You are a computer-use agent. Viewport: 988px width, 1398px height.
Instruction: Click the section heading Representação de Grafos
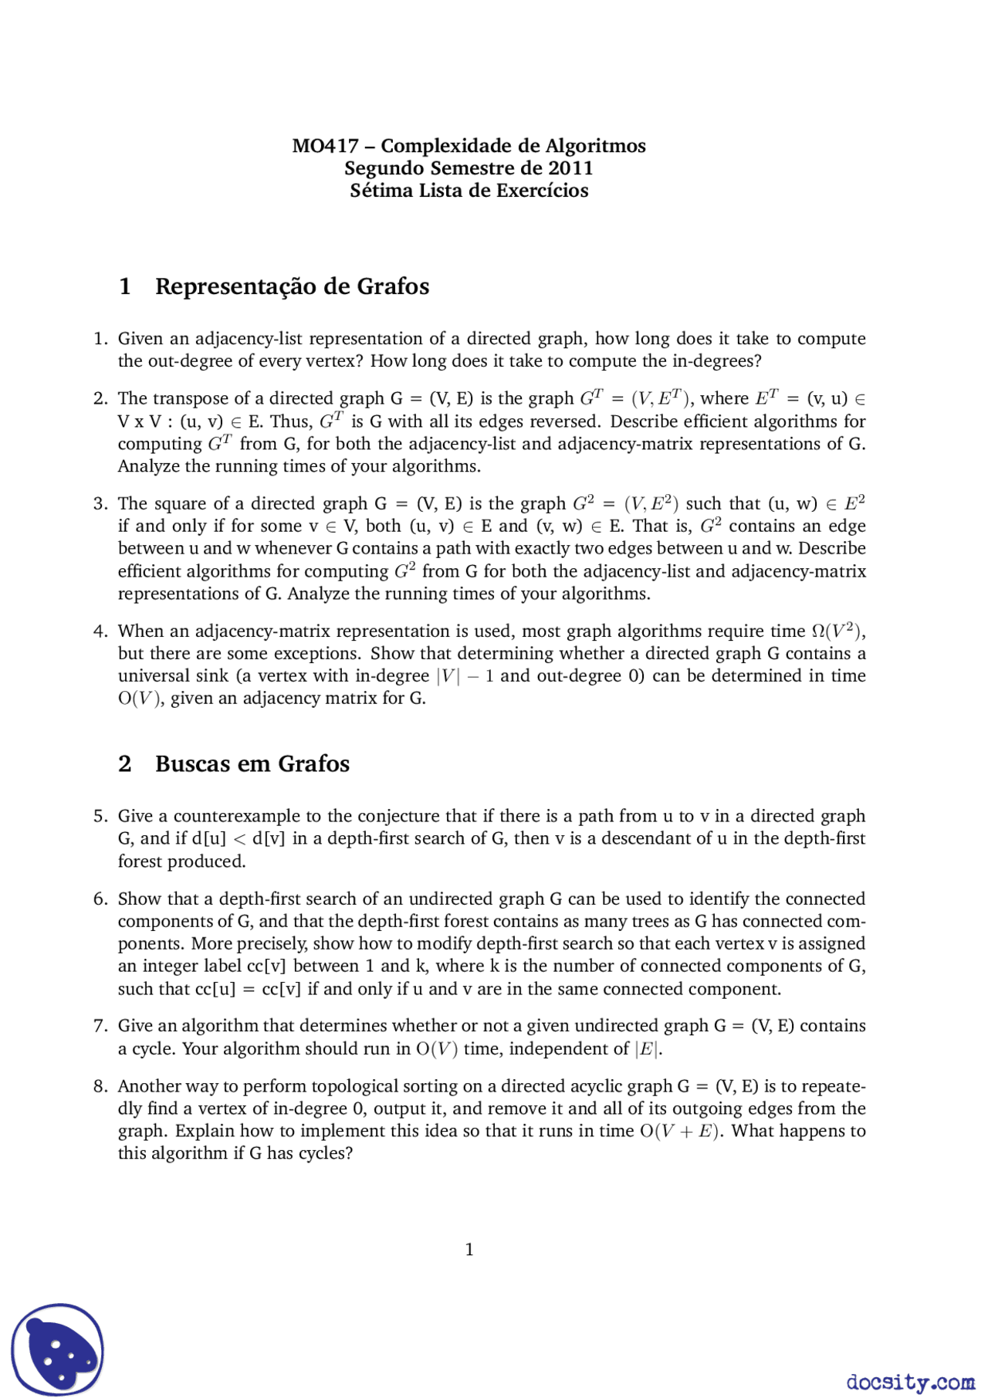[x=292, y=286]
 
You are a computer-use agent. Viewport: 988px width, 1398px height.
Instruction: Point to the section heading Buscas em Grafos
[x=252, y=763]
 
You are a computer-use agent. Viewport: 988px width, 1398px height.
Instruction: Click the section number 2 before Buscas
[x=125, y=763]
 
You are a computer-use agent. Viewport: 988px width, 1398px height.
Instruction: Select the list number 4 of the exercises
[x=100, y=631]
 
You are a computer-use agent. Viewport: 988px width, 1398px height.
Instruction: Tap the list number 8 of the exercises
[x=100, y=1086]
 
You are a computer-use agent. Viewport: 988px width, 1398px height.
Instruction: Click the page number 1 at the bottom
[x=469, y=1249]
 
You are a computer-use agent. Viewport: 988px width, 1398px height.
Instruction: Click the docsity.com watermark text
[x=910, y=1381]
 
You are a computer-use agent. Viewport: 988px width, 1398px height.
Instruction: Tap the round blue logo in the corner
[x=57, y=1349]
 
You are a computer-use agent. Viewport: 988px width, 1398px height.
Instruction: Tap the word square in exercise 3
[x=180, y=503]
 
